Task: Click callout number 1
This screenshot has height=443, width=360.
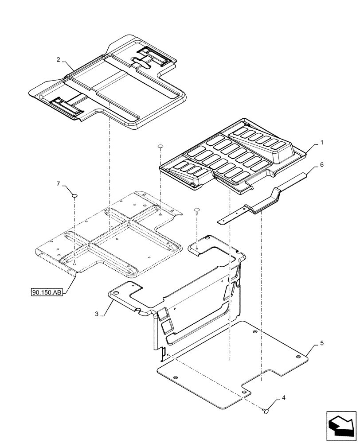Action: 321,143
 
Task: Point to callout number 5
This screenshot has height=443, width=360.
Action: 321,343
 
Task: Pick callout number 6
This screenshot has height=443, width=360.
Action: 321,164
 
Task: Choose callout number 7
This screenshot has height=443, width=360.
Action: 58,183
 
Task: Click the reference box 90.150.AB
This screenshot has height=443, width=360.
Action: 46,292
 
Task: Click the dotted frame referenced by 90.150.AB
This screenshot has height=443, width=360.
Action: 111,235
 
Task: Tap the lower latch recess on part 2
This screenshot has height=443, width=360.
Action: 66,106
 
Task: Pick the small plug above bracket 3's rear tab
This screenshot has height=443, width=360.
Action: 196,209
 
